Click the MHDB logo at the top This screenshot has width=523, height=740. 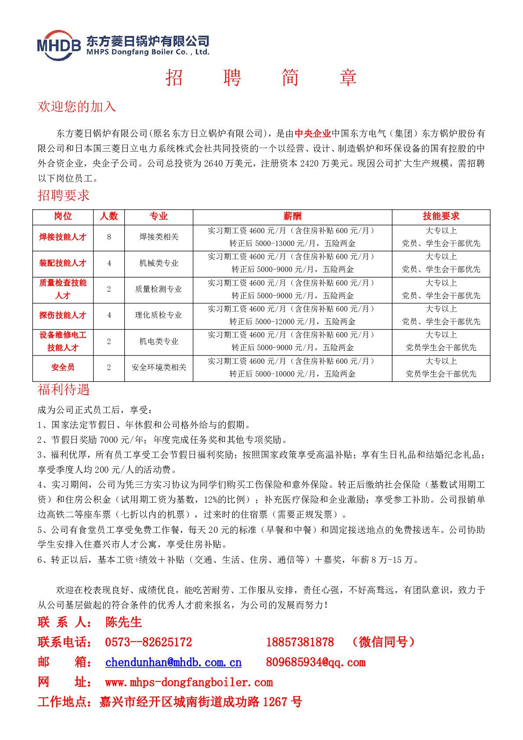coord(59,45)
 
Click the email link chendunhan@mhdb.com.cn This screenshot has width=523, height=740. coord(173,662)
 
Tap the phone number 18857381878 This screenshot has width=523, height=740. coord(300,642)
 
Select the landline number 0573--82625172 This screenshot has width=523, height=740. coord(148,642)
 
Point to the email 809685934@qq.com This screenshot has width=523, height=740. coord(315,662)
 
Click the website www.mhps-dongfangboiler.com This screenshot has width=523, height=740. coord(189,682)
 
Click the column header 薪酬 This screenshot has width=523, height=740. coord(292,216)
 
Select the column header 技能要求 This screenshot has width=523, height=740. coord(441,216)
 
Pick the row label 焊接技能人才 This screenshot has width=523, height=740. coord(63,237)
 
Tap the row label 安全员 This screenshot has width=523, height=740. coord(63,367)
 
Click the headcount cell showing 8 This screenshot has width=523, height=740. coord(109,237)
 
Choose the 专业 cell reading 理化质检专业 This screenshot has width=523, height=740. coord(159,316)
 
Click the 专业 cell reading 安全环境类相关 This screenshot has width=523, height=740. coord(159,367)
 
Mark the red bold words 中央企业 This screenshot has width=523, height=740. coord(313,134)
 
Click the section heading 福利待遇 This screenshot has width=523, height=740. coord(64,389)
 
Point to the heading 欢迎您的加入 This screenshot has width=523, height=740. coord(77,106)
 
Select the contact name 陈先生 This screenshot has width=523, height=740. coord(123,622)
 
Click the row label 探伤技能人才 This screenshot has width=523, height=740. coord(63,316)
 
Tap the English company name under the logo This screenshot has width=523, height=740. coord(148,52)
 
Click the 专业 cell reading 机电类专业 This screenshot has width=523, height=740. coord(159,341)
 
